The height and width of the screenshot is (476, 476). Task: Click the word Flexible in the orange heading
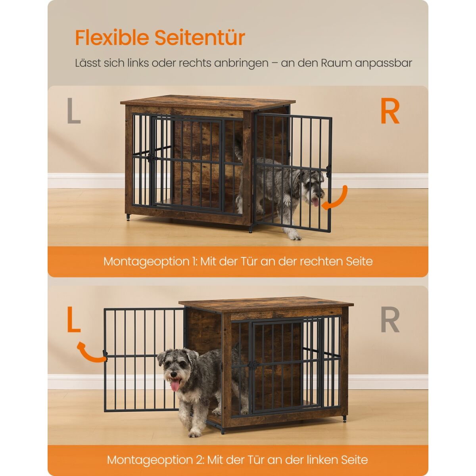112,38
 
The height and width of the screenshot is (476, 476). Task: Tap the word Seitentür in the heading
200,38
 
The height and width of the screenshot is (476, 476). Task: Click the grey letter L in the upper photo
74,110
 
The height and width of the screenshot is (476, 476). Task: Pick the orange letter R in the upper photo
390,111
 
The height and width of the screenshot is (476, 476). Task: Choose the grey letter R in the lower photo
390,319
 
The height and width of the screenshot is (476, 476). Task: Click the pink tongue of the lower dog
175,386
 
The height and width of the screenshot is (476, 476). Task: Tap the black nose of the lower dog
173,375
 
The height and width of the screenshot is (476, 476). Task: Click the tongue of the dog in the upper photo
315,202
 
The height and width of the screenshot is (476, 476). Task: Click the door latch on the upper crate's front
152,158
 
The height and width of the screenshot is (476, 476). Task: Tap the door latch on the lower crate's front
253,365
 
